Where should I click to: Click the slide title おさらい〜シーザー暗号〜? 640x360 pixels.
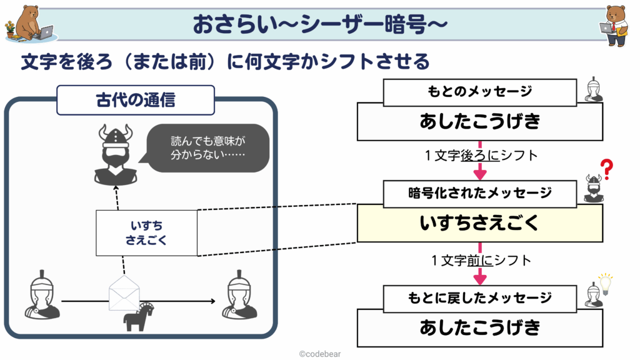tap(320, 24)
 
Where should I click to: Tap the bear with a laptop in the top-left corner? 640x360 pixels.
tap(29, 23)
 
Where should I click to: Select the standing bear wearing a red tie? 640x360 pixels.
tap(616, 25)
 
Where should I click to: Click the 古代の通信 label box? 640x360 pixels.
tap(136, 100)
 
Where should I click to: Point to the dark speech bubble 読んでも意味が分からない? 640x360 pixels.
tap(207, 147)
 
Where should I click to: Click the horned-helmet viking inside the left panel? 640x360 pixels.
tap(116, 155)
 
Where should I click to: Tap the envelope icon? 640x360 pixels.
tap(124, 292)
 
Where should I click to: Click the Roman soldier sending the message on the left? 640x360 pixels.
tap(42, 295)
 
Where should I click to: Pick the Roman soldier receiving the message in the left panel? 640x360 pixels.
tap(239, 295)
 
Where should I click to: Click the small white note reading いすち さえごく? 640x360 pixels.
tap(146, 233)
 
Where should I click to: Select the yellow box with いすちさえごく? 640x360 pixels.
tap(480, 223)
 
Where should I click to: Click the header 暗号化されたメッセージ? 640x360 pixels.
tap(480, 194)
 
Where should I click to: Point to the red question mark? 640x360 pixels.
tap(607, 169)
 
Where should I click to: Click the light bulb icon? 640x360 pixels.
tap(605, 284)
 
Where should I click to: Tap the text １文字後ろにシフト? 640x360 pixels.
tap(481, 156)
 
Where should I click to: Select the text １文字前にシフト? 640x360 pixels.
tap(481, 261)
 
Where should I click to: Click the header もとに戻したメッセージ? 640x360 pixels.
tap(480, 298)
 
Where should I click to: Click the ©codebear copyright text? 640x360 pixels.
tap(320, 354)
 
